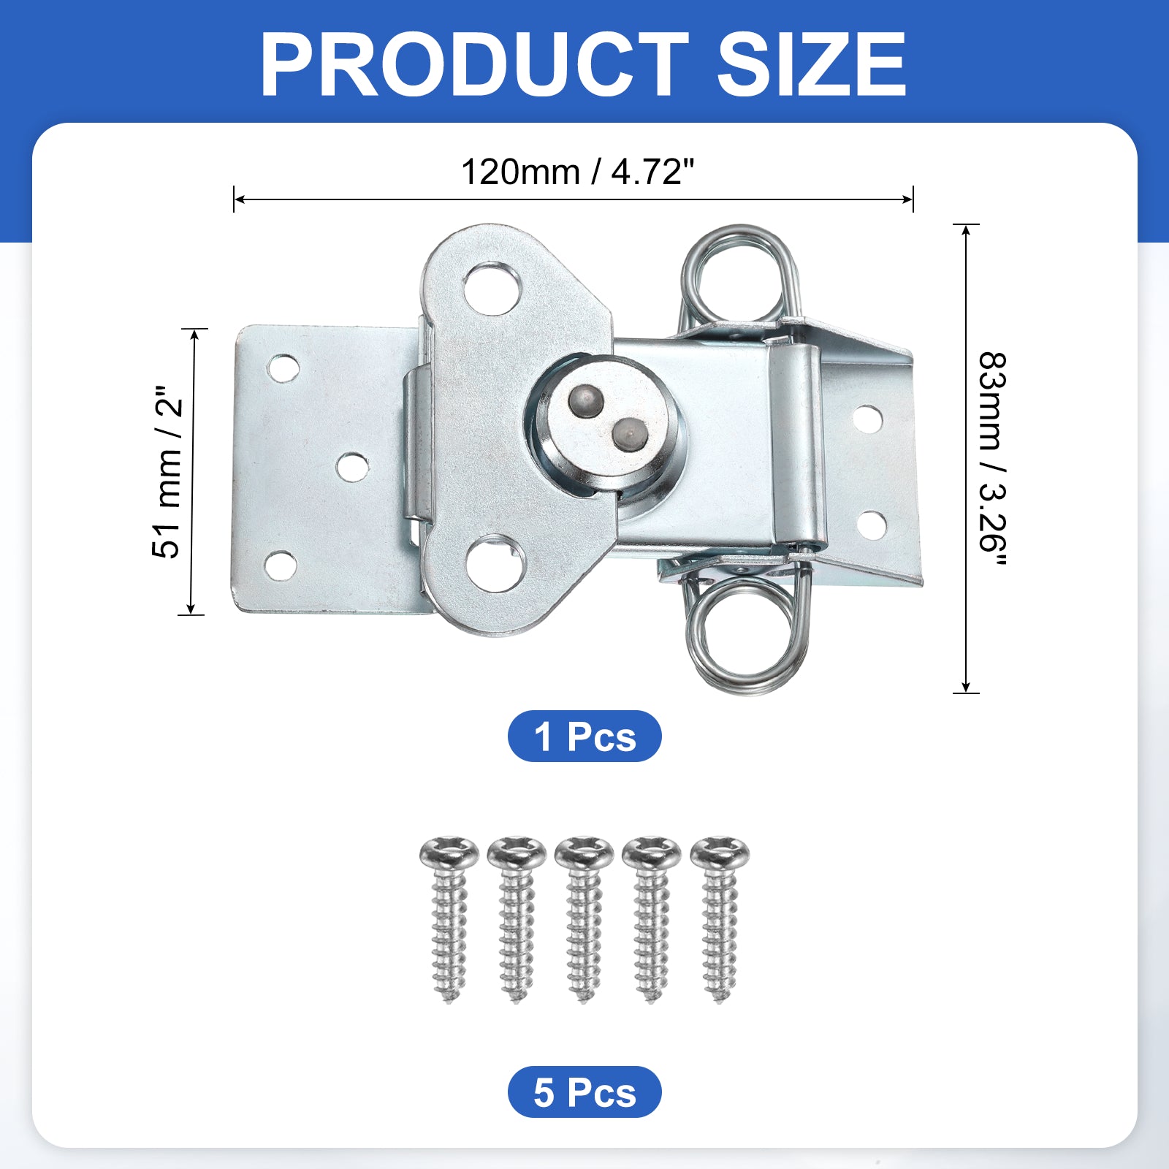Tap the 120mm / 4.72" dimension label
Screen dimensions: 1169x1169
click(x=577, y=172)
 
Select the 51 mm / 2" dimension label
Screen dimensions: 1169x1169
click(x=167, y=472)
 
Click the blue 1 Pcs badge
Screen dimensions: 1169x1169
click(x=584, y=736)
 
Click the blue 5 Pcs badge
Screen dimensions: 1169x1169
click(x=584, y=1092)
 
